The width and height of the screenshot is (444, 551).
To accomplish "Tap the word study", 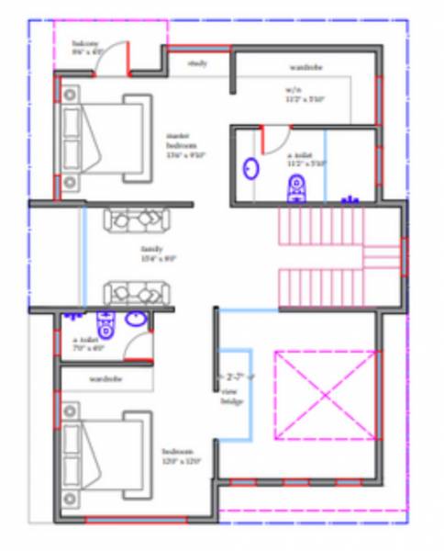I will [197, 63].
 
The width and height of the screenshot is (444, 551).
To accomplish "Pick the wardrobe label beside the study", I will [305, 67].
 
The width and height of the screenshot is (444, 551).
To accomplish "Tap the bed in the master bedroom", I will [101, 144].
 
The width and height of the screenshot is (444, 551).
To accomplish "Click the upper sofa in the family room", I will [137, 220].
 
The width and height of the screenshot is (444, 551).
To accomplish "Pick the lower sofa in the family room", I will [137, 293].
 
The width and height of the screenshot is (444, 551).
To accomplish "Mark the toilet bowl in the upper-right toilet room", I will [295, 188].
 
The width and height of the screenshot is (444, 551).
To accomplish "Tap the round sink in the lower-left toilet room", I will [135, 320].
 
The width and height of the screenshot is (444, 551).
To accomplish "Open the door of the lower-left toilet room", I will [138, 347].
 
